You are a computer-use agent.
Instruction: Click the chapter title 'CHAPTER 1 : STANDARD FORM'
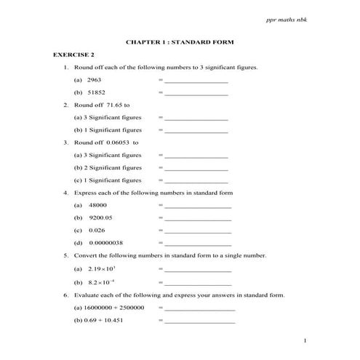pyautogui.click(x=180, y=41)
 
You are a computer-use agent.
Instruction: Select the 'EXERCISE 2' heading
pyautogui.click(x=73, y=55)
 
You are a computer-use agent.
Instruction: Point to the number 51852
pyautogui.click(x=96, y=92)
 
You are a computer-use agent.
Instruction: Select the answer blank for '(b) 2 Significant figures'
pyautogui.click(x=196, y=168)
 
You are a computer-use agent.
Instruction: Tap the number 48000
pyautogui.click(x=98, y=206)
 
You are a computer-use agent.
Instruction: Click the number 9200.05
pyautogui.click(x=101, y=218)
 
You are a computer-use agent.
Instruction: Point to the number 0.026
pyautogui.click(x=97, y=231)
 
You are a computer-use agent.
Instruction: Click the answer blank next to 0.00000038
pyautogui.click(x=199, y=244)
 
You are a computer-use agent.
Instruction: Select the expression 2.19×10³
pyautogui.click(x=101, y=269)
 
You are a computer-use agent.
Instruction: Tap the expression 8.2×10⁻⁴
pyautogui.click(x=102, y=281)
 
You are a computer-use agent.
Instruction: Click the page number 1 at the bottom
pyautogui.click(x=306, y=341)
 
